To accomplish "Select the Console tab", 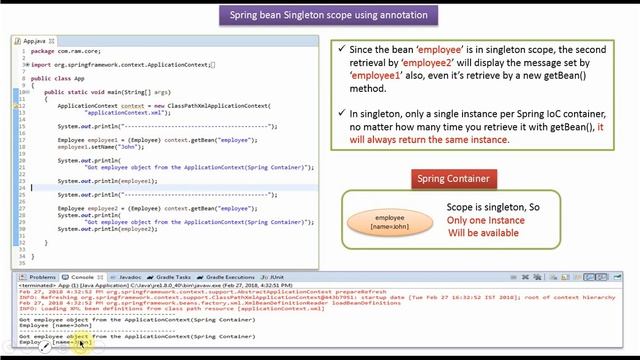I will point(82,276).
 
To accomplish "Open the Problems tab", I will point(41,276).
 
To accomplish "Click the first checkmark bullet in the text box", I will point(343,49).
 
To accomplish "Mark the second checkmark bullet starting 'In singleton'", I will point(343,113).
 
